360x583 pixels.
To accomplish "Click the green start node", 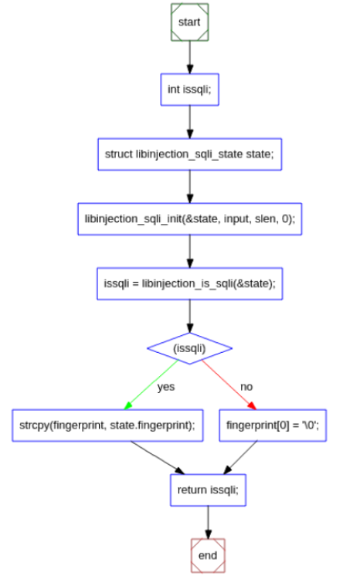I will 189,22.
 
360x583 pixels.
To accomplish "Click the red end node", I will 207,554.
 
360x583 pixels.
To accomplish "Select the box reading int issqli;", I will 189,90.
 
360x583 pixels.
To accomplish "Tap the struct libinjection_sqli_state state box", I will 189,154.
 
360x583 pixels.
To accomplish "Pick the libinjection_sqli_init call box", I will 189,219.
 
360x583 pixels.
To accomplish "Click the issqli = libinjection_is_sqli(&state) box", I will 189,283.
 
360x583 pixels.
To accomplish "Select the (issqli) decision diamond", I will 189,348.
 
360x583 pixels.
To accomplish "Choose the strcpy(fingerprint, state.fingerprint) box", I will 107,425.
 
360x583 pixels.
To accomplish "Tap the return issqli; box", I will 207,490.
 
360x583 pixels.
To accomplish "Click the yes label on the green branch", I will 165,386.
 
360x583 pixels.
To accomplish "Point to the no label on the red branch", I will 246,386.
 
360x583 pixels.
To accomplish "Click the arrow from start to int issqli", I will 189,56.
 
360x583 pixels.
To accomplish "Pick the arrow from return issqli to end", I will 207,522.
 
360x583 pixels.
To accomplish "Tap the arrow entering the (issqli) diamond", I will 189,315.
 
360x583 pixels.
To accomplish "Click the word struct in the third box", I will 118,154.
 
